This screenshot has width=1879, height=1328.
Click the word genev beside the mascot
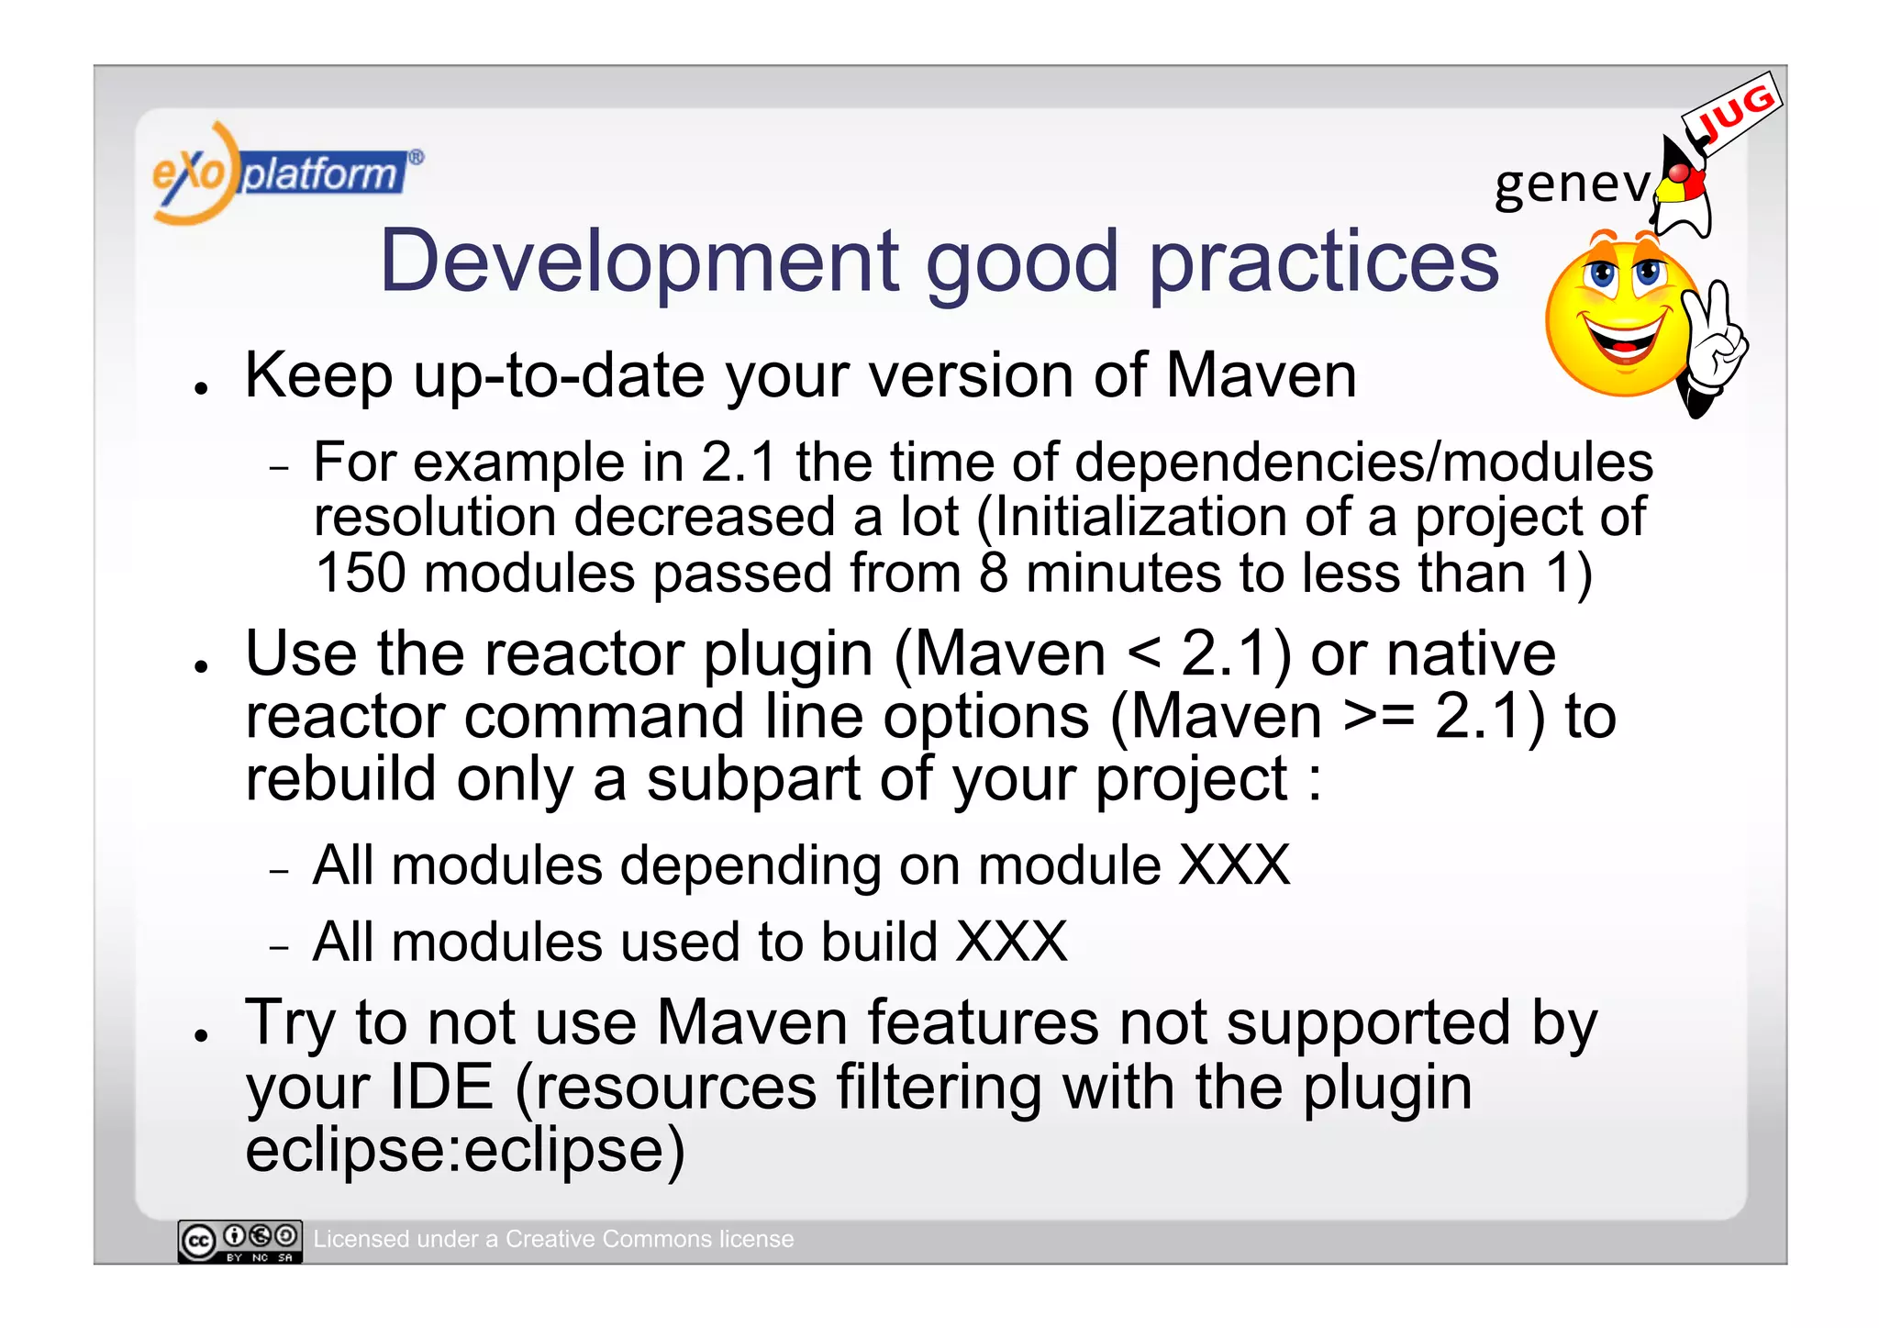pos(1572,184)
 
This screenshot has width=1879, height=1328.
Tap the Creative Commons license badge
pos(240,1241)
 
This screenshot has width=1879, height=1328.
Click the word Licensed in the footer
pos(361,1239)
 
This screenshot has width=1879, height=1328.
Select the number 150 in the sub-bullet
pos(360,573)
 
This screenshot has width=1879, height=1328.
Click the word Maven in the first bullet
pos(1261,376)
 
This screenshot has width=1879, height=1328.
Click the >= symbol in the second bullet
pos(1378,718)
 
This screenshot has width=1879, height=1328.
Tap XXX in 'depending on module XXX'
pos(1234,865)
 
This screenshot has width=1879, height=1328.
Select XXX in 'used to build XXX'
pos(1011,942)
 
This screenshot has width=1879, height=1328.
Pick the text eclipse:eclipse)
pos(464,1150)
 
